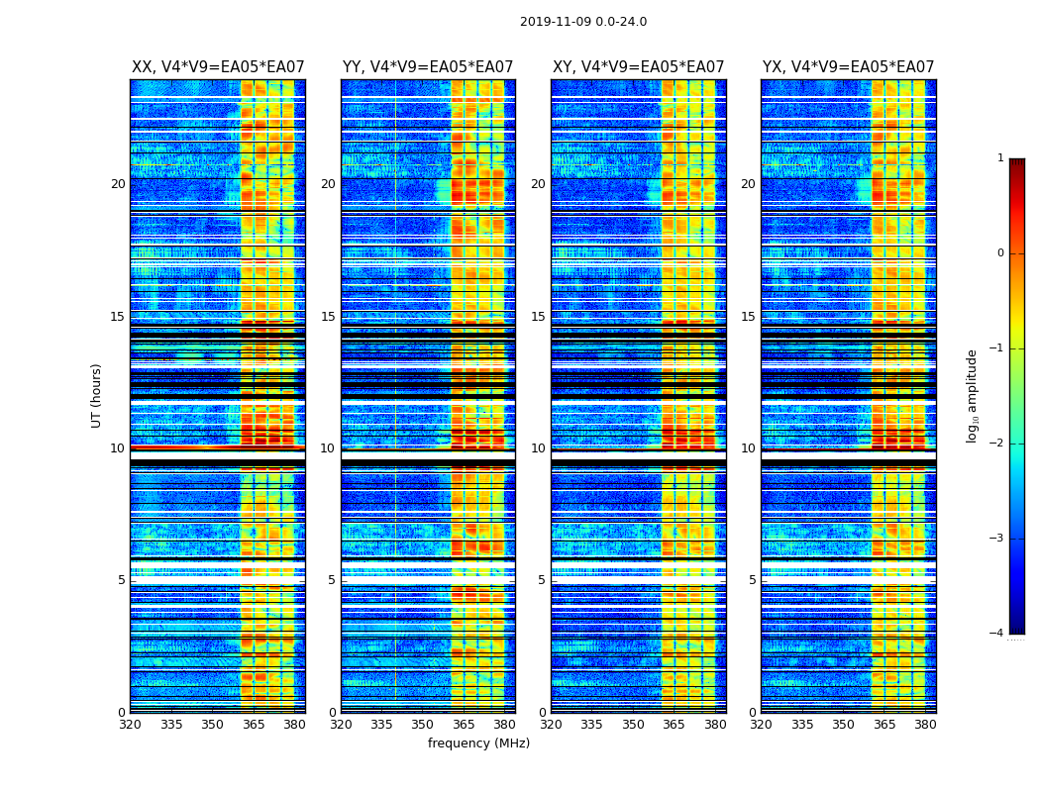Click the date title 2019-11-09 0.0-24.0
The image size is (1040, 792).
pyautogui.click(x=583, y=22)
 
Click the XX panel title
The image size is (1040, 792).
pyautogui.click(x=218, y=67)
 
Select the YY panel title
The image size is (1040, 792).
pyautogui.click(x=428, y=67)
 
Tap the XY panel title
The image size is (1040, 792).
pyautogui.click(x=638, y=67)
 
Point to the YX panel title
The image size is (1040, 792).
pyautogui.click(x=848, y=67)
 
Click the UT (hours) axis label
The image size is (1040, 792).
pyautogui.click(x=97, y=395)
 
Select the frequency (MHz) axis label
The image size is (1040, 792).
pyautogui.click(x=478, y=743)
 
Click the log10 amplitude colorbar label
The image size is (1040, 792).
pyautogui.click(x=973, y=395)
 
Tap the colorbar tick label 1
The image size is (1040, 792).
pyautogui.click(x=1000, y=158)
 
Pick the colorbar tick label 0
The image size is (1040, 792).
pyautogui.click(x=1000, y=253)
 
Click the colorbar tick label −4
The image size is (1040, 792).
pyautogui.click(x=997, y=634)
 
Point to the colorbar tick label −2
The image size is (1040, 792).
pyautogui.click(x=997, y=444)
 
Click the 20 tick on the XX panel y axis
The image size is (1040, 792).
pyautogui.click(x=118, y=184)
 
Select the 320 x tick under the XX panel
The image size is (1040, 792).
pyautogui.click(x=130, y=725)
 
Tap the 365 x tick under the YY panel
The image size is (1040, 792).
pyautogui.click(x=464, y=725)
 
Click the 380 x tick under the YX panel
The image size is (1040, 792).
pyautogui.click(x=925, y=725)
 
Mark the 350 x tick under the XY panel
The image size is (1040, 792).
pyautogui.click(x=633, y=725)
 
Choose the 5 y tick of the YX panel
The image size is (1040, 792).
pyautogui.click(x=752, y=580)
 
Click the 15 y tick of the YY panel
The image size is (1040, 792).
pyautogui.click(x=328, y=317)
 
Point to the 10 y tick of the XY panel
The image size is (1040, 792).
pyautogui.click(x=538, y=448)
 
